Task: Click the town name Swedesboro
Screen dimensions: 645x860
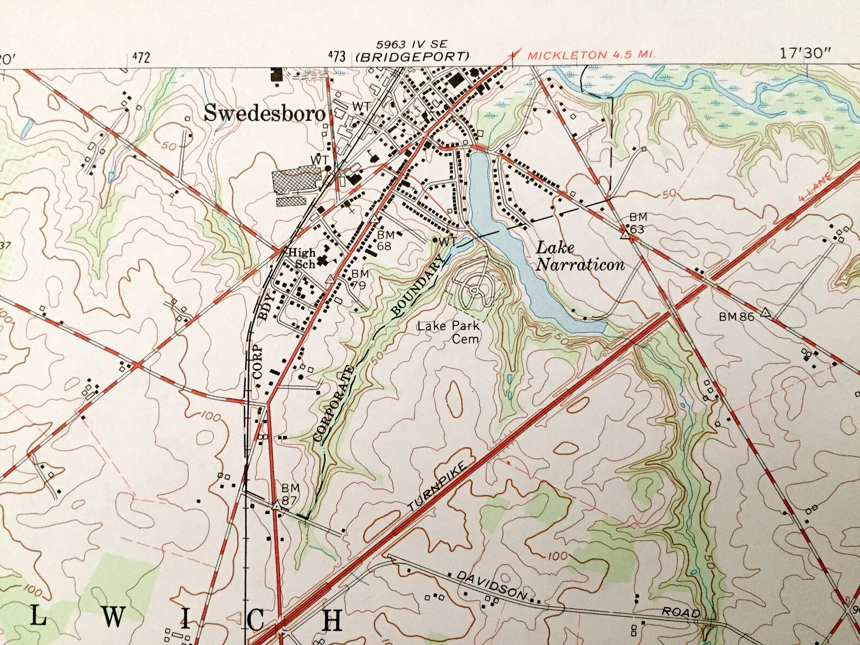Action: pyautogui.click(x=265, y=113)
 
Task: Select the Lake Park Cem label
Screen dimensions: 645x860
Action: pyautogui.click(x=448, y=332)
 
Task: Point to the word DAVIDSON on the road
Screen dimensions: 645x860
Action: pyautogui.click(x=491, y=585)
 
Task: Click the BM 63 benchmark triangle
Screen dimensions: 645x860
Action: pyautogui.click(x=624, y=234)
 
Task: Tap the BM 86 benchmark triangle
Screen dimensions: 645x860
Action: pyautogui.click(x=765, y=312)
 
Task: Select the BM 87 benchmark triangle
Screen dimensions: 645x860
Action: pyautogui.click(x=276, y=506)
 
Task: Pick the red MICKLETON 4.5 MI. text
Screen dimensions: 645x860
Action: pyautogui.click(x=591, y=55)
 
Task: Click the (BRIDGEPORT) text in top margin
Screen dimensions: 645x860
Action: pyautogui.click(x=412, y=56)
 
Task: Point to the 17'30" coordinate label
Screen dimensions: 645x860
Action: pyautogui.click(x=805, y=53)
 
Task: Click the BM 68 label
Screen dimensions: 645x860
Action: pyautogui.click(x=385, y=240)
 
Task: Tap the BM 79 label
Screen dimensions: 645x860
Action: pyautogui.click(x=360, y=279)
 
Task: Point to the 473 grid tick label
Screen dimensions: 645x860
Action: pyautogui.click(x=336, y=55)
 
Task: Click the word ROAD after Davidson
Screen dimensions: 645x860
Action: pyautogui.click(x=680, y=612)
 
